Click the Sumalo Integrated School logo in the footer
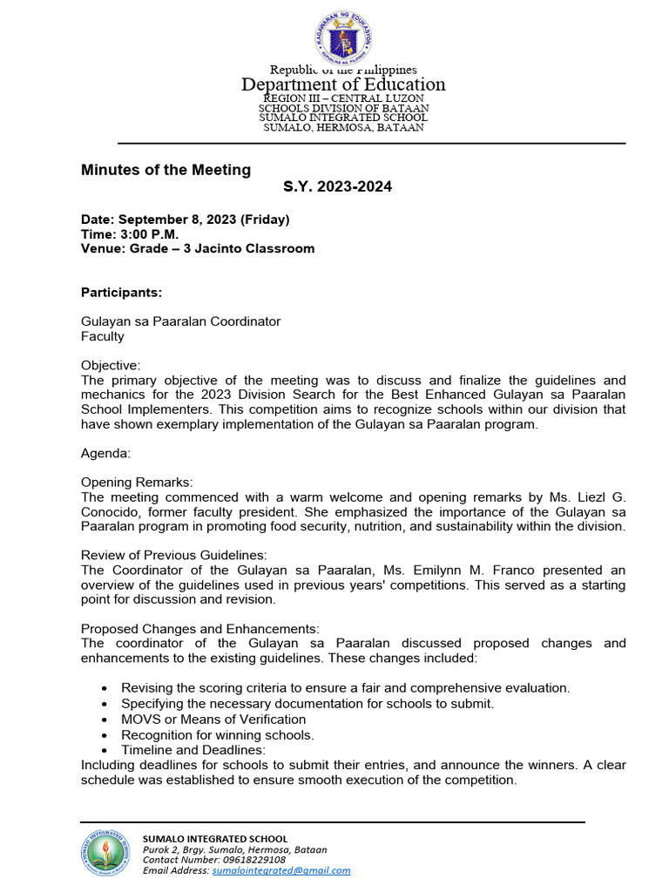108,853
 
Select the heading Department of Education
343,84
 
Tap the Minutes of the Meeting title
166,170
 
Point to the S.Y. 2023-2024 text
338,187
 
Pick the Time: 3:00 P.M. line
130,234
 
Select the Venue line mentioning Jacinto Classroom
198,248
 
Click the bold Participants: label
121,292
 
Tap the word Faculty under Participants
103,336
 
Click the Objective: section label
111,366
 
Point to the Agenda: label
105,454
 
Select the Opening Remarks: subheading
137,483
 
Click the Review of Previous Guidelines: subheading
174,556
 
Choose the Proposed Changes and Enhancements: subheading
200,629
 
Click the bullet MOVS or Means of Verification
213,720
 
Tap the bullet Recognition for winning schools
217,735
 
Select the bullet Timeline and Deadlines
193,750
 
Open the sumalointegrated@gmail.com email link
281,870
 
